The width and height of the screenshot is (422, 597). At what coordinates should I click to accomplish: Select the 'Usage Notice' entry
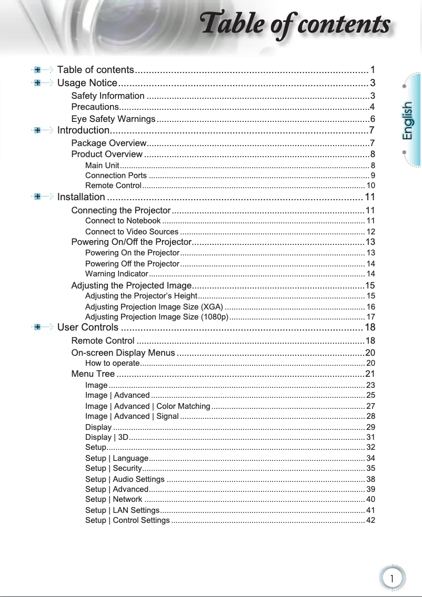87,83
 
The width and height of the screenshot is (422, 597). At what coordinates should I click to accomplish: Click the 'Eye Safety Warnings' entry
113,119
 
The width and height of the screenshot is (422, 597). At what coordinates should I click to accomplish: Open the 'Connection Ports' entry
116,176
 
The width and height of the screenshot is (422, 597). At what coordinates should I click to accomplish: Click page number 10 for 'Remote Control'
370,186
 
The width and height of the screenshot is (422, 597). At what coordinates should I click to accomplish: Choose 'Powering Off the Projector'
132,263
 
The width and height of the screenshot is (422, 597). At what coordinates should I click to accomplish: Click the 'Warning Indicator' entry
116,274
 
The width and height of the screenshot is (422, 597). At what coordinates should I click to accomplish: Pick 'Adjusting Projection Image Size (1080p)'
157,317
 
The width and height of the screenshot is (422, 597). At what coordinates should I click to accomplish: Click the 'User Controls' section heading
87,328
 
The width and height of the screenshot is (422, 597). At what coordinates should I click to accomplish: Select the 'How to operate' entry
112,363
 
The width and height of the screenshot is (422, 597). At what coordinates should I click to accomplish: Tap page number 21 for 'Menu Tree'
370,374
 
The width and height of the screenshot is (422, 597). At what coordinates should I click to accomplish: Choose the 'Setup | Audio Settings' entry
125,479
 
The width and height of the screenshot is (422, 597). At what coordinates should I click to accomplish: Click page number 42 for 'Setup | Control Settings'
370,520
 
